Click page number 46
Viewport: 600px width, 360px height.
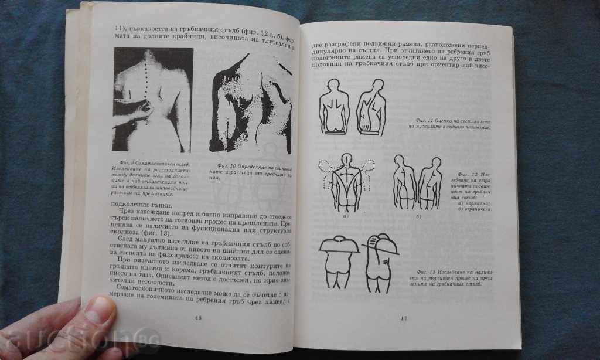[x=198, y=317]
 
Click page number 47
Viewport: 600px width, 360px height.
[x=404, y=319]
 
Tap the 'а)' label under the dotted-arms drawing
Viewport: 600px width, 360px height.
[x=346, y=216]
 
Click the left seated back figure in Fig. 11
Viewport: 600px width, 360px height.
[x=334, y=106]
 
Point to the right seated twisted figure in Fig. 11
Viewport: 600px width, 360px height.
[x=369, y=106]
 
